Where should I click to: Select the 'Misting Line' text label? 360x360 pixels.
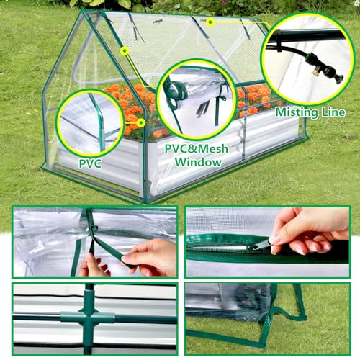tap(310, 112)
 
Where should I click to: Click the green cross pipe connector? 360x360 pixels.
tap(89, 316)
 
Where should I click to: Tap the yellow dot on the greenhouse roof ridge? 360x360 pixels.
tap(210, 22)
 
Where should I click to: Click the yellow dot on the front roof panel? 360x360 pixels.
tap(125, 50)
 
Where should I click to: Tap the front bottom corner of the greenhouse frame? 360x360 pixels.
tap(147, 199)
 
